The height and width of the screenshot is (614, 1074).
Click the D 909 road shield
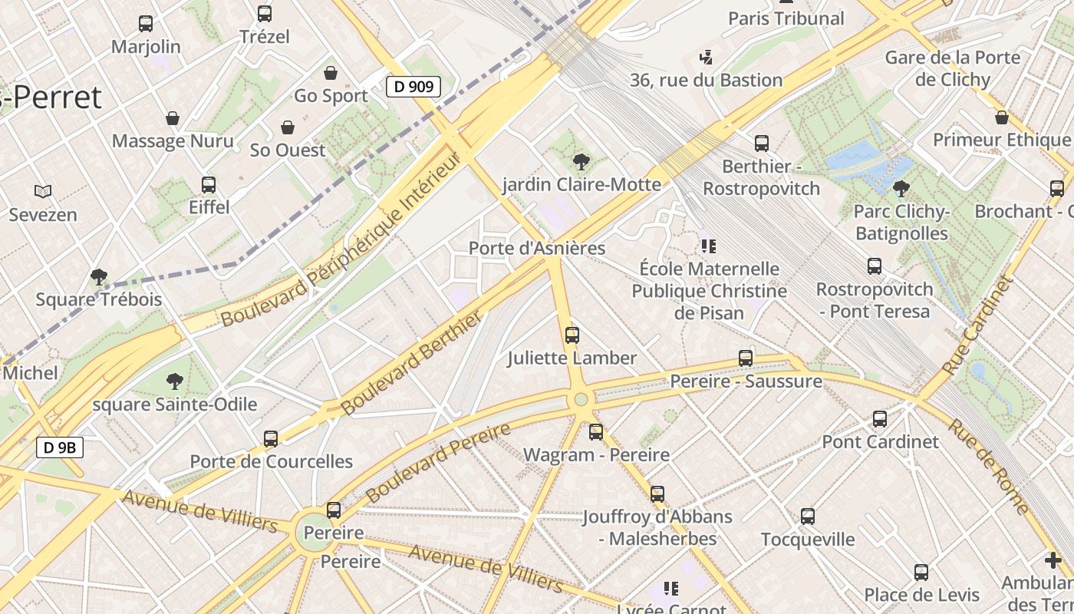point(413,87)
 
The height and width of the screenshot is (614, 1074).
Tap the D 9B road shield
point(59,447)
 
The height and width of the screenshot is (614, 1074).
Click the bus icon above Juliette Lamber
point(572,335)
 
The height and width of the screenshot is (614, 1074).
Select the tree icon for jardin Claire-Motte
point(581,161)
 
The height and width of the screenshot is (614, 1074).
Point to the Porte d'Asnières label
point(537,248)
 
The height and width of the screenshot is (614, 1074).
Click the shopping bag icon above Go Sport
point(331,73)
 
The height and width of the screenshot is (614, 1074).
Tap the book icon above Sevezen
point(43,191)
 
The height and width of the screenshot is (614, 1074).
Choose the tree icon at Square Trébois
point(98,276)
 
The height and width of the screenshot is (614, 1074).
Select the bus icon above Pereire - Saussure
point(745,358)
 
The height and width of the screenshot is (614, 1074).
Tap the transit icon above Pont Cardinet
point(879,419)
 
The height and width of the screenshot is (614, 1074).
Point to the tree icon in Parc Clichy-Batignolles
point(901,188)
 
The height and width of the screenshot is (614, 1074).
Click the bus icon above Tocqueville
point(807,516)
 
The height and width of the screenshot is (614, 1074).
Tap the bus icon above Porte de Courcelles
point(271,438)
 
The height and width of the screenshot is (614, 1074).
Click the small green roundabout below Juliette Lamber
point(581,399)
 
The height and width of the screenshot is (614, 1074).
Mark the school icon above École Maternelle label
point(708,246)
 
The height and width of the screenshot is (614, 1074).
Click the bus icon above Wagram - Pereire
point(596,432)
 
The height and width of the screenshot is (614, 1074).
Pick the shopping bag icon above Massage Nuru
point(173,118)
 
